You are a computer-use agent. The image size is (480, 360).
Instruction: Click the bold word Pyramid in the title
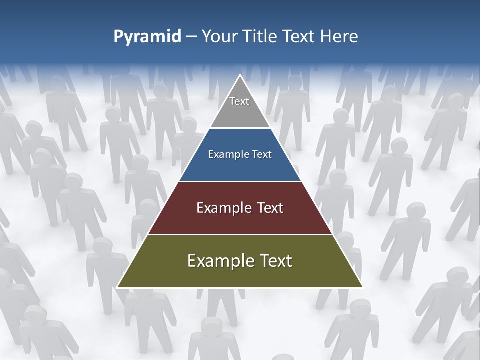(x=147, y=37)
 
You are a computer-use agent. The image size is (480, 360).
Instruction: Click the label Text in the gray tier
(x=239, y=102)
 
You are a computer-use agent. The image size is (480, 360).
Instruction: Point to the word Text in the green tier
(x=276, y=261)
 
